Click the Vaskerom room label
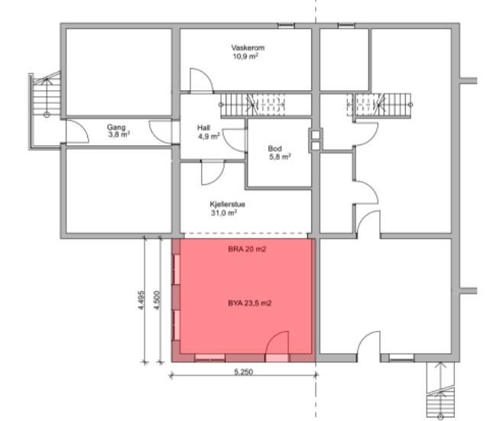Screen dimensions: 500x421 [248, 48]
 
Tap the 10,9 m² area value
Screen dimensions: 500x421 [245, 57]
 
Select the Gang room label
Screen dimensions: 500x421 [116, 128]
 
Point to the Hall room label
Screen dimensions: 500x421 [203, 128]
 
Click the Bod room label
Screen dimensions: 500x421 [274, 148]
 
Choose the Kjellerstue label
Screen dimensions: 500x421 [227, 204]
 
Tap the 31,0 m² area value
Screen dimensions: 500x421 [223, 212]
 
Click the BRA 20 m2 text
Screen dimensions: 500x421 [247, 249]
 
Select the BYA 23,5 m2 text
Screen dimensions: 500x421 [250, 303]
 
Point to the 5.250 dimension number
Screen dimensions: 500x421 [244, 371]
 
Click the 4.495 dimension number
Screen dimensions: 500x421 [141, 300]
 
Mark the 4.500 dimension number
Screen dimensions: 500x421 [157, 300]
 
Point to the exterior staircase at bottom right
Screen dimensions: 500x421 [440, 390]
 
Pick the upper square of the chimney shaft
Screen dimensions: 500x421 [316, 134]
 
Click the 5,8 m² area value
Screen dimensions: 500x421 [281, 157]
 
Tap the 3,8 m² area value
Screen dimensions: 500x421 [119, 134]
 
